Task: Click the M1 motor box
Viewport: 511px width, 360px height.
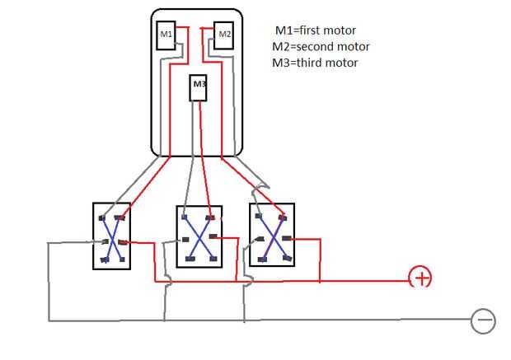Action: point(167,35)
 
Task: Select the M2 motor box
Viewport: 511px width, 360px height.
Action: point(224,35)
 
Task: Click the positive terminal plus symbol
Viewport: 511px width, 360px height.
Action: point(421,278)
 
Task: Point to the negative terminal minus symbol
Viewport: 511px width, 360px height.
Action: point(483,320)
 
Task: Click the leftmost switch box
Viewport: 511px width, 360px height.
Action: point(111,236)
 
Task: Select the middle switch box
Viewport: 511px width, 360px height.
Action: point(199,236)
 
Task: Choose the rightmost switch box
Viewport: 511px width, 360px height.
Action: point(272,235)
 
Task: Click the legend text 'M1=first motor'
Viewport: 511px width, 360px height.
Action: point(316,30)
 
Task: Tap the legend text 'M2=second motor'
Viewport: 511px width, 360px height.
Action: point(322,46)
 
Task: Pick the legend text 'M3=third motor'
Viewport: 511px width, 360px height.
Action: point(316,63)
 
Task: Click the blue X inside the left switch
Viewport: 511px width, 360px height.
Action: point(111,239)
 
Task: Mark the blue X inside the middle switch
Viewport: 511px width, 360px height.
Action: point(199,238)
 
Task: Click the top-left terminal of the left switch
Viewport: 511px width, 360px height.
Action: point(101,218)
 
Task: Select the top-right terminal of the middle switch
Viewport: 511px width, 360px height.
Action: point(212,217)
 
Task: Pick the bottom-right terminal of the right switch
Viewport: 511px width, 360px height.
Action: point(284,258)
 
